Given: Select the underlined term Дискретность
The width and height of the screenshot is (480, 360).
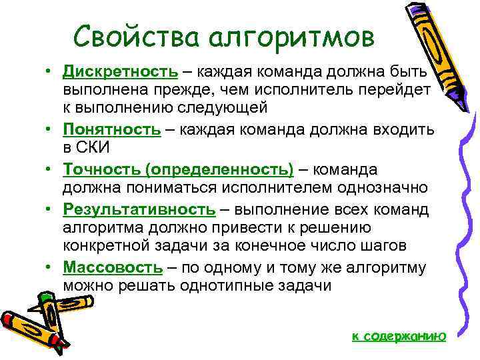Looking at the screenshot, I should [x=121, y=71].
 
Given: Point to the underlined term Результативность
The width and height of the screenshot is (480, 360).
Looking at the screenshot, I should [x=139, y=210].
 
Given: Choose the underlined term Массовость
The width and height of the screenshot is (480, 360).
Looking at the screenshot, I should [x=113, y=268].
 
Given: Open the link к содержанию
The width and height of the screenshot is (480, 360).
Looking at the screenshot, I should [x=398, y=336].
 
